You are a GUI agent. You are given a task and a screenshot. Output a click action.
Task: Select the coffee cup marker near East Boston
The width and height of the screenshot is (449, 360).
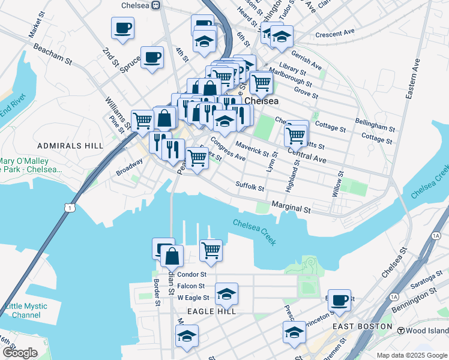coord(339,300)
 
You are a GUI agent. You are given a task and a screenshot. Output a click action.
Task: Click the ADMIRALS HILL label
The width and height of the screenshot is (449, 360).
coord(62,146)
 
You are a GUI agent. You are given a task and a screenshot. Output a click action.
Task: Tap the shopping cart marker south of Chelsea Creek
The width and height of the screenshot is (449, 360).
coord(211,250)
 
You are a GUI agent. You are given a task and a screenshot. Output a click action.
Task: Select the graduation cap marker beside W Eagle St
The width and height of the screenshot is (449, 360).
coord(226,294)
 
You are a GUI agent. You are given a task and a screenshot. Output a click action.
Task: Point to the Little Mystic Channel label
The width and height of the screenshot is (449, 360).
coord(26,311)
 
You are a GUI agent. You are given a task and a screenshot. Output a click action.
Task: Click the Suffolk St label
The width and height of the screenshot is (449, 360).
coord(250,187)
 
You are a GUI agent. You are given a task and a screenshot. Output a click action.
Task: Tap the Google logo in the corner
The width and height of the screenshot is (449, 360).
coord(20,353)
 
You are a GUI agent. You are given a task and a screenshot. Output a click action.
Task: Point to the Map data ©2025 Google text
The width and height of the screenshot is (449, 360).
coord(412,355)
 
